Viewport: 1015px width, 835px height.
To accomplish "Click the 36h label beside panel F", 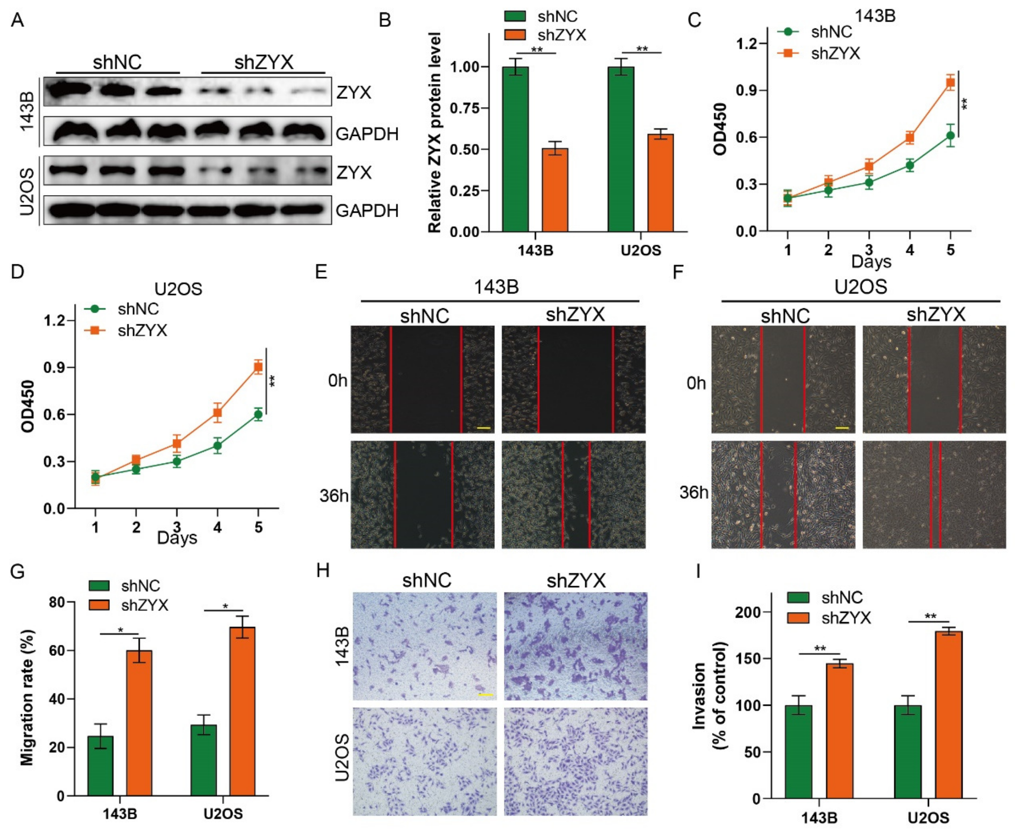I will [694, 492].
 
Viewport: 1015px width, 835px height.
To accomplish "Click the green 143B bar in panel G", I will [101, 765].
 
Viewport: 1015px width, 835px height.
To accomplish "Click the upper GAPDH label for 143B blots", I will [367, 134].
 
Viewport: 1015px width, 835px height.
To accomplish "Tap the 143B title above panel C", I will [875, 16].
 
